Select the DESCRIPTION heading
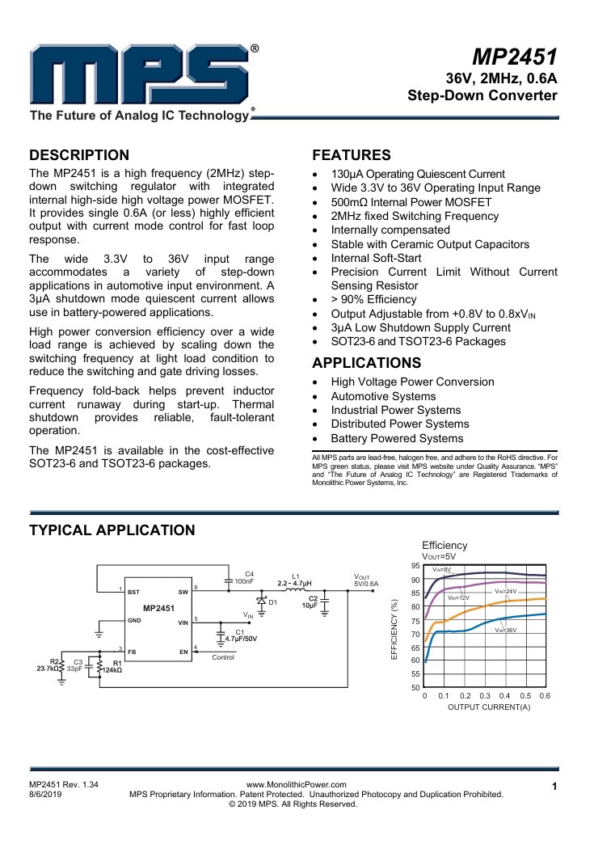click(78, 155)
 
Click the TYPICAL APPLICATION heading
click(112, 530)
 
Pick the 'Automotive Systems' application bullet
click(384, 396)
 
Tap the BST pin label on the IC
click(133, 593)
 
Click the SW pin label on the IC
click(183, 593)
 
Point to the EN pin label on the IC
click(183, 651)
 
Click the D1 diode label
click(272, 603)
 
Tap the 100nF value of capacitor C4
click(244, 581)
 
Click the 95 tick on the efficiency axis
click(415, 566)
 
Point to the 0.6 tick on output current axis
click(545, 695)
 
